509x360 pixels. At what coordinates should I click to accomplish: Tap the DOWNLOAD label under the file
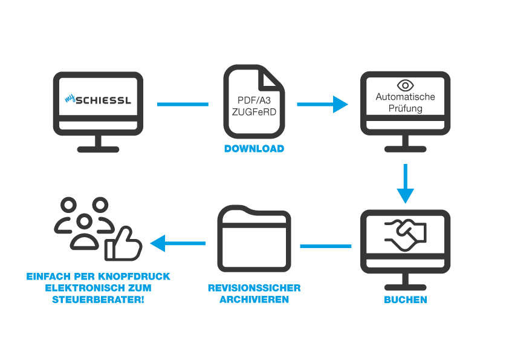point(254,149)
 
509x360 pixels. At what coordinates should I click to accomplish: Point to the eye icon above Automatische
point(405,85)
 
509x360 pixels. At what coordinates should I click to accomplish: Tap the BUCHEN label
point(405,300)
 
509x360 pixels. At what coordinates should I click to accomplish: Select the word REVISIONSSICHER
point(254,288)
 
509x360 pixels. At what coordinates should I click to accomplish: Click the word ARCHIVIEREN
point(254,299)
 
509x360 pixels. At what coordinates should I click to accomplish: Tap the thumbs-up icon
point(123,244)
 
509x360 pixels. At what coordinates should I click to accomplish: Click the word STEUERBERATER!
point(99,299)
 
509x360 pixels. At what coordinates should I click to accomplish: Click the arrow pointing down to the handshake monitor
point(405,185)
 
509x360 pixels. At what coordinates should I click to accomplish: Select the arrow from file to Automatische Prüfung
point(323,104)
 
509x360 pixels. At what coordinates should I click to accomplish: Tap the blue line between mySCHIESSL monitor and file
point(183,105)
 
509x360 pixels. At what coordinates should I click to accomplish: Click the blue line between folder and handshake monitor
point(326,246)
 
